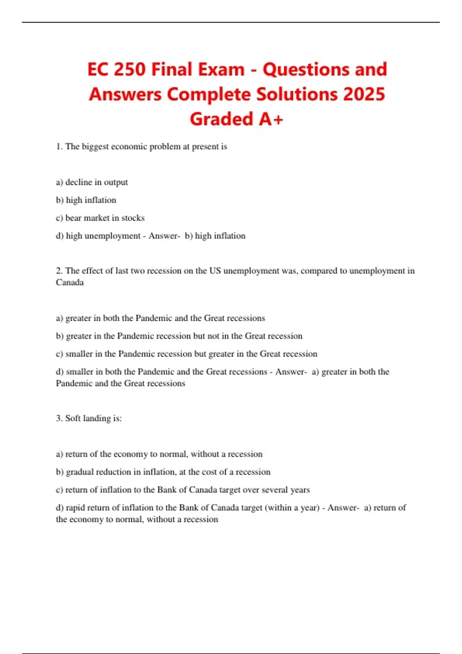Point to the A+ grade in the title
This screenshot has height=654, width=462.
(271, 119)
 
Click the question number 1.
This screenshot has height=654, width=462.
(59, 147)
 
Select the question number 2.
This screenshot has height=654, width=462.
(59, 271)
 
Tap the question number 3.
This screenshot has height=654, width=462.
(59, 418)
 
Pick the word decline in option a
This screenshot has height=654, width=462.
(79, 182)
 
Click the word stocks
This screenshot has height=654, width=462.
(133, 218)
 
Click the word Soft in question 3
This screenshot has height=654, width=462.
(73, 418)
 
